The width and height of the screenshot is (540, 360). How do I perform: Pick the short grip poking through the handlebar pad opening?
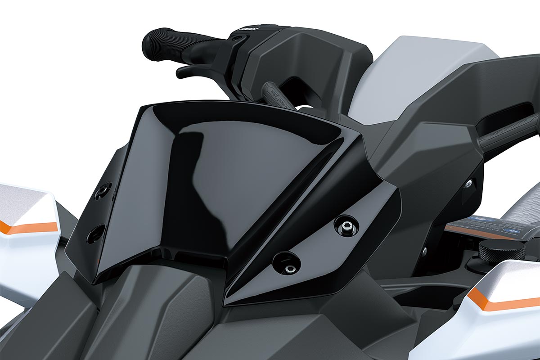tap(274, 94)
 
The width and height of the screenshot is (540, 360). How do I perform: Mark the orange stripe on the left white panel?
tap(27, 227)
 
